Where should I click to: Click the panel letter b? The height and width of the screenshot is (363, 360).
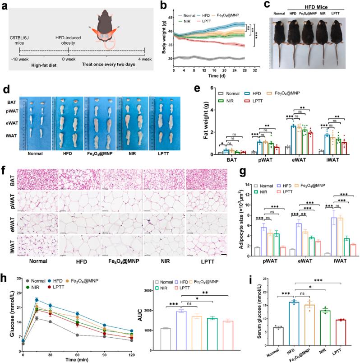(x=157, y=5)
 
